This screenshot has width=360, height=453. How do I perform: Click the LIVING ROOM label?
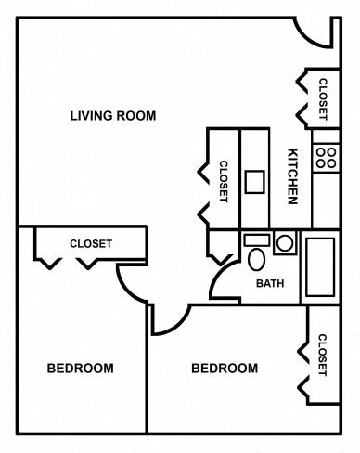pos(112,116)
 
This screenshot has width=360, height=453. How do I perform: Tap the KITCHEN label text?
pos(291,175)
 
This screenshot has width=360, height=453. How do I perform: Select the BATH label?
pos(270,284)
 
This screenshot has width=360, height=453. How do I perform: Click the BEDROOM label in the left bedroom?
pos(80,369)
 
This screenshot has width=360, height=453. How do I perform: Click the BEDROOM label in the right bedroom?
pos(225,369)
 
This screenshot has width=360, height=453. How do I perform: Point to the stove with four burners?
pos(325,155)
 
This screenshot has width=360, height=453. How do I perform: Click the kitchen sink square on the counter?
pos(255,181)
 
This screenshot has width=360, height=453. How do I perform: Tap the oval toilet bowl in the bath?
pos(255,259)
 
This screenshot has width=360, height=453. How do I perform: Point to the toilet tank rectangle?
pos(255,239)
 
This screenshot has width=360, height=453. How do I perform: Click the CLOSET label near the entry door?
pos(323,99)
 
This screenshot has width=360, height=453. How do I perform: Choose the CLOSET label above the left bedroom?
pos(91,244)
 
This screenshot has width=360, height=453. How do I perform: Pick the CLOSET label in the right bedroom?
pos(323,356)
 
